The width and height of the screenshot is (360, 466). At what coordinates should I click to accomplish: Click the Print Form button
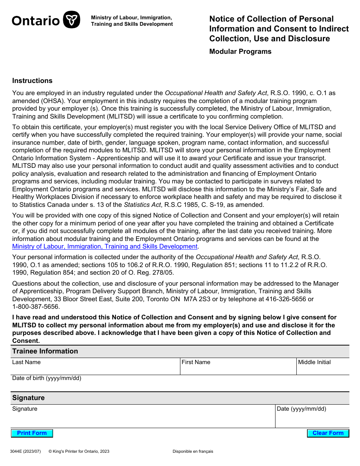pos(32,433)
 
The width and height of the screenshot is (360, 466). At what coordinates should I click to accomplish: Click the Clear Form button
pos(328,433)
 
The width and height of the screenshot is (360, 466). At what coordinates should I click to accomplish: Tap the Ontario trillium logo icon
pos(71,20)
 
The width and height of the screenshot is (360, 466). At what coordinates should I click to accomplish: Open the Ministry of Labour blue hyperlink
pos(105,247)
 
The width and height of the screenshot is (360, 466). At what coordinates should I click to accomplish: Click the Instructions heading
pos(32,81)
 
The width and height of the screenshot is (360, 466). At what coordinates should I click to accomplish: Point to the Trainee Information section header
pos(45,351)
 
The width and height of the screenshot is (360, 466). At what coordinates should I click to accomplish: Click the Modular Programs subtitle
pos(240,52)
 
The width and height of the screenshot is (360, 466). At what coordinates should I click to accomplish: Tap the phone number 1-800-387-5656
pos(36,307)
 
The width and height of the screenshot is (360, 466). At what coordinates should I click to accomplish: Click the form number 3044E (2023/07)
pos(25,451)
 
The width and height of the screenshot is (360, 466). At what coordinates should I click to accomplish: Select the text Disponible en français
pos(193,451)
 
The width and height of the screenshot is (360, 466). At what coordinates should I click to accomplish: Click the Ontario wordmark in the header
pos(36,20)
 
